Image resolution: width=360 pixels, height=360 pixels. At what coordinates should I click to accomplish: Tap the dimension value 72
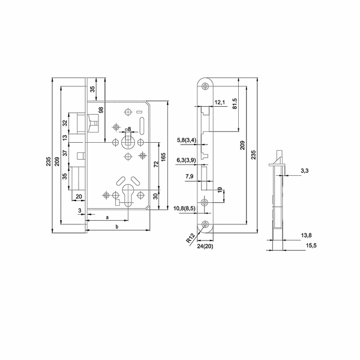point(155,164)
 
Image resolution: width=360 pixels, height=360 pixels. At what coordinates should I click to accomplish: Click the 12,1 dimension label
point(219,103)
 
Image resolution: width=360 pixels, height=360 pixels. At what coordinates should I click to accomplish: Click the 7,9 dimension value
point(190,177)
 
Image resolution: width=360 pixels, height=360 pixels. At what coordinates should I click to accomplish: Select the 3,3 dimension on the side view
point(304,172)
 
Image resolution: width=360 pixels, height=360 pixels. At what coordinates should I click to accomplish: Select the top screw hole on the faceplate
point(206,86)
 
